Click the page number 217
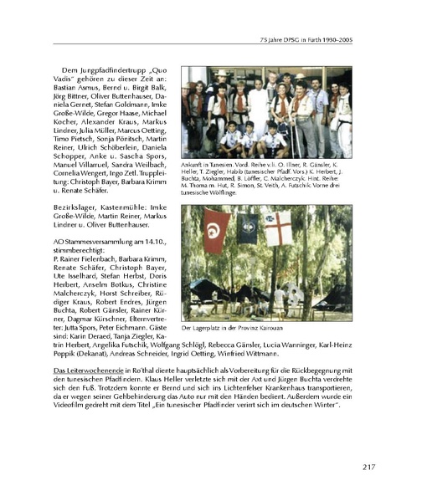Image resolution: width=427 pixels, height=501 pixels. (x=373, y=468)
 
